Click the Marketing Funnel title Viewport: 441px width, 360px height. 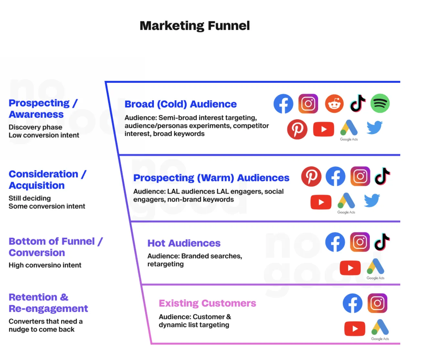tap(195, 26)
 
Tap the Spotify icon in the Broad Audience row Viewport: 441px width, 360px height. tap(380, 103)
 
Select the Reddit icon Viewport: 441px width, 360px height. tap(334, 104)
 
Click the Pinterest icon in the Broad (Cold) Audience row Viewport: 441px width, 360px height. tap(297, 129)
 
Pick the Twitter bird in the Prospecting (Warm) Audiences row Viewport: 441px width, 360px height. tap(372, 200)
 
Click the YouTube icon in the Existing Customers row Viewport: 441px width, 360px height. tap(355, 329)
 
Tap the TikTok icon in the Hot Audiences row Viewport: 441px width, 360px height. tap(382, 242)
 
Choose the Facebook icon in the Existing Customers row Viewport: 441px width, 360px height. tap(352, 303)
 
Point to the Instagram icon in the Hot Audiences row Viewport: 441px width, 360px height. tap(360, 242)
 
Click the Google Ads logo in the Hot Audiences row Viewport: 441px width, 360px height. tap(375, 268)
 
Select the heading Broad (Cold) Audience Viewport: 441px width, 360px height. tap(180, 104)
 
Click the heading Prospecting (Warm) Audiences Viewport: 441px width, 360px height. tap(211, 178)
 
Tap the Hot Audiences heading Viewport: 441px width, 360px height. tap(184, 243)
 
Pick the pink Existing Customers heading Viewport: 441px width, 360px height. tap(207, 303)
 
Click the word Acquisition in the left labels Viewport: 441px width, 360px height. tap(37, 185)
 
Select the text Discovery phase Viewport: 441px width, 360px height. tap(35, 127)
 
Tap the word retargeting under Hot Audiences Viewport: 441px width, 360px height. tap(165, 264)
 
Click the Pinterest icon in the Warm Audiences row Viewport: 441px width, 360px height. tap(311, 176)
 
